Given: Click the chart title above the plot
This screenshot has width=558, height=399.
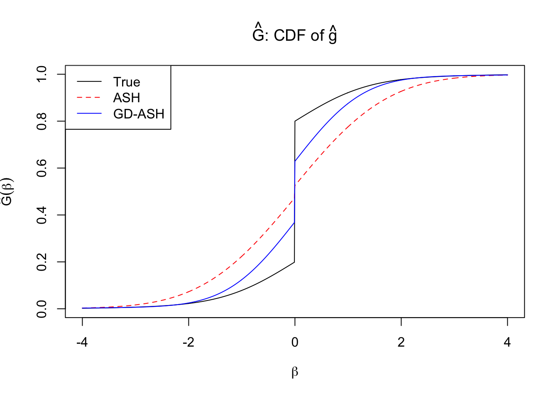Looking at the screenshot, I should (295, 35).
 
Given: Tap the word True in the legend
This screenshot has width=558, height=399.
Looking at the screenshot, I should (127, 82).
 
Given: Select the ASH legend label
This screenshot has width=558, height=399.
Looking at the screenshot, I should (127, 98).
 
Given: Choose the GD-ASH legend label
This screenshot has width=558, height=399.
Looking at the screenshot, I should (139, 114).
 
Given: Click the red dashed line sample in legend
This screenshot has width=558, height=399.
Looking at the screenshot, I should (89, 98).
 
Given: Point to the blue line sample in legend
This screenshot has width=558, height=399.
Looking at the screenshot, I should (89, 113).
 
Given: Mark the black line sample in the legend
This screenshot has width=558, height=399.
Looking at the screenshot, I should (89, 82).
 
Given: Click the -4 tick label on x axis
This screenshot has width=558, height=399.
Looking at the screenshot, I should (82, 342).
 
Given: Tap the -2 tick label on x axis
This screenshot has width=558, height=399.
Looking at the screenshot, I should (188, 342).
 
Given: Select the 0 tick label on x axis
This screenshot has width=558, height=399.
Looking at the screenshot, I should (295, 342).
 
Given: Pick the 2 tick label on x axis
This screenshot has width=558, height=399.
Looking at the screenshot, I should (401, 342).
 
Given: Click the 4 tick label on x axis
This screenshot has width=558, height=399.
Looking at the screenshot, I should (507, 342).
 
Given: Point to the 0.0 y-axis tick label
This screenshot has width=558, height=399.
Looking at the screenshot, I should (42, 309).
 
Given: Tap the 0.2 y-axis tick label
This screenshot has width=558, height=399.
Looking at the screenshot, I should (42, 262).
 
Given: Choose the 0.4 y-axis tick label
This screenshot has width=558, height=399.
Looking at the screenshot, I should (42, 215).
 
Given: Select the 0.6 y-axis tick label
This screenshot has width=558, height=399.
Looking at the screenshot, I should (42, 168).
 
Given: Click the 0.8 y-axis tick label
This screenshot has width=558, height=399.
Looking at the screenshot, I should (42, 121).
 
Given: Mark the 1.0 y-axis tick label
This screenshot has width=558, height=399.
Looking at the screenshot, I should (42, 74).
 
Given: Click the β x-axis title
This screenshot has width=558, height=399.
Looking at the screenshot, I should (295, 372).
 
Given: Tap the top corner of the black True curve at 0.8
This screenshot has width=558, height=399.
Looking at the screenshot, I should (295, 121).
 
